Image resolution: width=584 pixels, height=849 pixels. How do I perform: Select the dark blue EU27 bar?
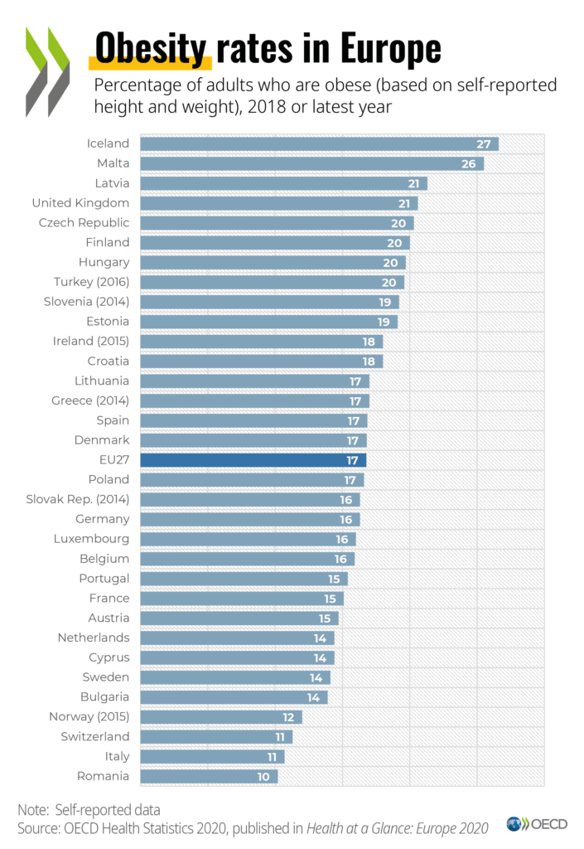[253, 459]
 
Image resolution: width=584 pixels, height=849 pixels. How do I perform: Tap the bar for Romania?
[209, 776]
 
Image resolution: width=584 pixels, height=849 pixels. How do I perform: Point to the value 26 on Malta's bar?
[468, 163]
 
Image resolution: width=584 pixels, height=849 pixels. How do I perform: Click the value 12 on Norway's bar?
[287, 716]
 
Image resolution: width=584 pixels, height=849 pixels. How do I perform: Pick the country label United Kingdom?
[80, 202]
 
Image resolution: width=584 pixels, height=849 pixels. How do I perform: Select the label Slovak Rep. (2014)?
[78, 499]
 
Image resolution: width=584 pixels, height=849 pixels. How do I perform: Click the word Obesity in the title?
[150, 49]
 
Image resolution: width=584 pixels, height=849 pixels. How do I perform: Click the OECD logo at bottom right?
[537, 824]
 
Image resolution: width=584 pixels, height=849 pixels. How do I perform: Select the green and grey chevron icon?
[46, 71]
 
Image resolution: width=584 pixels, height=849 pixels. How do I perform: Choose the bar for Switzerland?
[216, 736]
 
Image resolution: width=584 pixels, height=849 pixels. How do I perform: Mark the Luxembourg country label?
[91, 539]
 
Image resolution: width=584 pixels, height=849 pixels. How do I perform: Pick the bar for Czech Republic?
[277, 222]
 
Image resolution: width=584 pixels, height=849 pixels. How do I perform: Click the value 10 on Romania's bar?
[263, 776]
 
